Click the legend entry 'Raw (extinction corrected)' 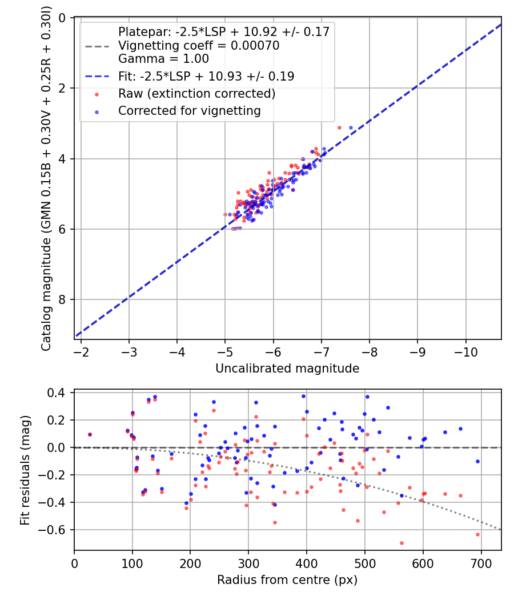[196, 93]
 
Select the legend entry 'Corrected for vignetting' [189, 111]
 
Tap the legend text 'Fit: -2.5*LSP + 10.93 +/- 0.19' [206, 76]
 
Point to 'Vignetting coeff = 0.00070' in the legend [199, 46]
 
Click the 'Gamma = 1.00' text [163, 58]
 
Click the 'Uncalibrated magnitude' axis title [287, 369]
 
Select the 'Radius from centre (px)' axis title [287, 580]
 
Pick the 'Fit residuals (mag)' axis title [25, 471]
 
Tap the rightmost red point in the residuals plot [477, 534]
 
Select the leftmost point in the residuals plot [90, 434]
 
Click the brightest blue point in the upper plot [351, 127]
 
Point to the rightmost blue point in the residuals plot [477, 461]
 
